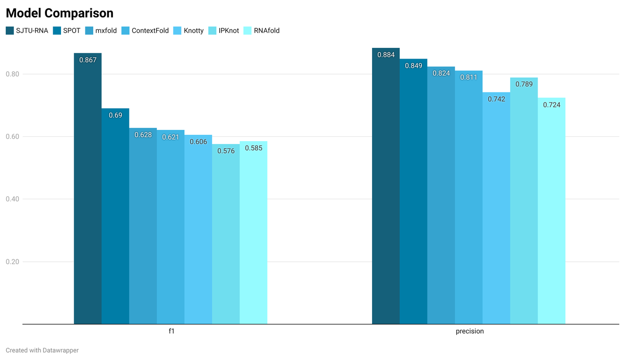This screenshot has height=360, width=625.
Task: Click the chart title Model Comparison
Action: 60,13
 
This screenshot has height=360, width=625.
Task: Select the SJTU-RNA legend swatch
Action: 10,31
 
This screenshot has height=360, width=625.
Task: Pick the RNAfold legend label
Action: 267,31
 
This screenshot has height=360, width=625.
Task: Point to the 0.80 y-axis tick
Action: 12,74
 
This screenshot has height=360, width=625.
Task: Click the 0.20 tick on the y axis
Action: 12,262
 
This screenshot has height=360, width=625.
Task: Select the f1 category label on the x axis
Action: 171,331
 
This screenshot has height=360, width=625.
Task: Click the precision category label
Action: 469,331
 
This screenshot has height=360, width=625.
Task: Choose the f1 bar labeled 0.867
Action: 88,195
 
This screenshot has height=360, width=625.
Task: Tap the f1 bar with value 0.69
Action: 115,220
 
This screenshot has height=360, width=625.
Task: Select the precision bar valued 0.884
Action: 386,195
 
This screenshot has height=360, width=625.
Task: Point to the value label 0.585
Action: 253,148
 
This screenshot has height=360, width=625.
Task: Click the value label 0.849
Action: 414,65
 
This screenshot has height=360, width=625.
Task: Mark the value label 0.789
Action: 524,84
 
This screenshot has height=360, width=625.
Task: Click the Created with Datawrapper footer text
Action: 42,350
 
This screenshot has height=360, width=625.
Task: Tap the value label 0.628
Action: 143,135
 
